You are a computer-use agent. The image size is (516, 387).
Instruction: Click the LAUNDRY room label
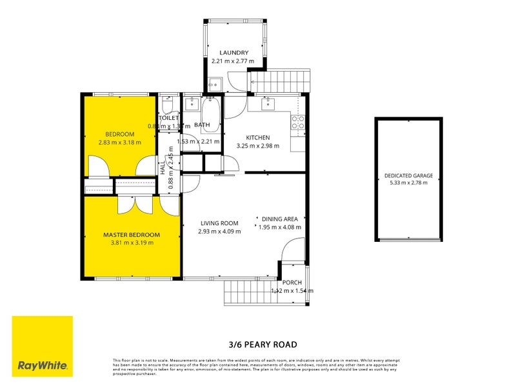tap(233, 53)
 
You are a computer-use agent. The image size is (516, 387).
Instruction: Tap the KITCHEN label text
tap(257, 137)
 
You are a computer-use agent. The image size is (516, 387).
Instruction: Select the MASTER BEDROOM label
tap(132, 235)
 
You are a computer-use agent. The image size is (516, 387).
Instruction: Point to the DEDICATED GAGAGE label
tap(408, 175)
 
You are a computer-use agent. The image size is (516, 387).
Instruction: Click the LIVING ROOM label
tap(219, 223)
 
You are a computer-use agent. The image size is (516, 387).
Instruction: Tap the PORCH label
tap(292, 283)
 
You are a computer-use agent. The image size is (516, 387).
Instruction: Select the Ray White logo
tap(43, 346)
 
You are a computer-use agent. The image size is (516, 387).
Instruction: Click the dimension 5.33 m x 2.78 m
tap(408, 183)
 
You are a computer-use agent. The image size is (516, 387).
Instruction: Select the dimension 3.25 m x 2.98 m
tap(257, 146)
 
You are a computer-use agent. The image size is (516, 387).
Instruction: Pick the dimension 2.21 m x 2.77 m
tap(233, 61)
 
